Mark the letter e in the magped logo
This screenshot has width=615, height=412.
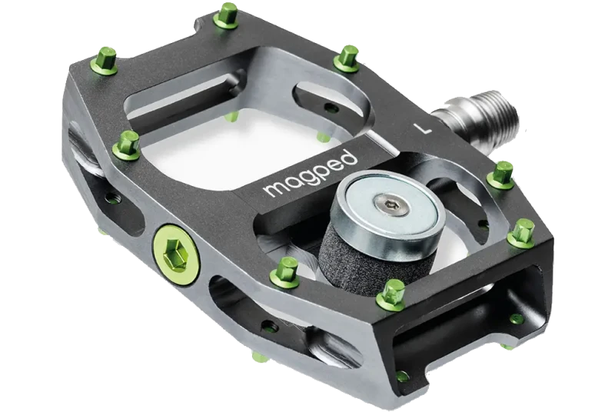334,164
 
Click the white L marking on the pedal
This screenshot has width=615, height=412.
422,128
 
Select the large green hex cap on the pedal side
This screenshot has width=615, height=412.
176,254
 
